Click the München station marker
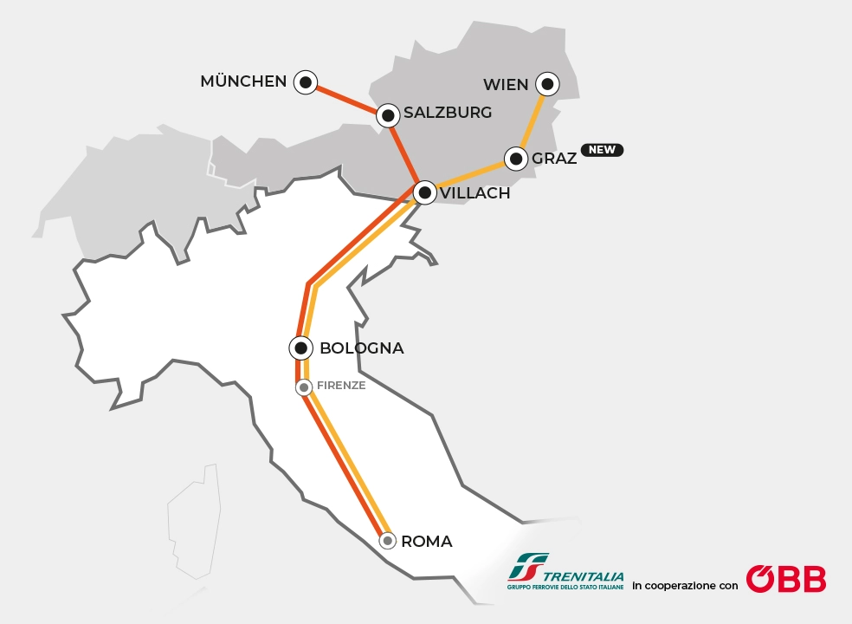(x=305, y=82)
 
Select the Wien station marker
(x=546, y=84)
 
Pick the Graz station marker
(x=516, y=159)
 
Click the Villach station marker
(x=424, y=192)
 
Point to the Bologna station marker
(x=300, y=348)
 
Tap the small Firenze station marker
(x=304, y=387)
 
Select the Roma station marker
(x=388, y=541)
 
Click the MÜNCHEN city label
(x=243, y=81)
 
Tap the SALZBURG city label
(x=448, y=113)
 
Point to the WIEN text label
(x=506, y=84)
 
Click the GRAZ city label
(x=554, y=159)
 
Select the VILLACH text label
(x=475, y=193)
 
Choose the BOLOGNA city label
(x=362, y=348)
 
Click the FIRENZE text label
(x=342, y=386)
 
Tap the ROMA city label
(x=427, y=542)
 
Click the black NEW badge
(x=602, y=150)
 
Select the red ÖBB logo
(x=785, y=579)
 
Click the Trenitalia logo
(x=565, y=573)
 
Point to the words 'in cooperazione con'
(x=685, y=586)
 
